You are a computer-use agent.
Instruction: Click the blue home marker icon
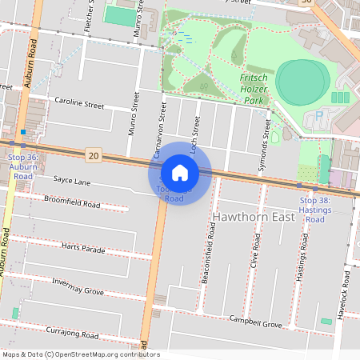(180, 172)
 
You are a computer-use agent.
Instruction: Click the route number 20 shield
(94, 154)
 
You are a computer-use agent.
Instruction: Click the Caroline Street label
(79, 104)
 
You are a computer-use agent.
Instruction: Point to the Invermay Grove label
(78, 286)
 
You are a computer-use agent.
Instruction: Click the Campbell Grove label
(255, 323)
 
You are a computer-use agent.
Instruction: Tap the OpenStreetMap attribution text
(80, 354)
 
